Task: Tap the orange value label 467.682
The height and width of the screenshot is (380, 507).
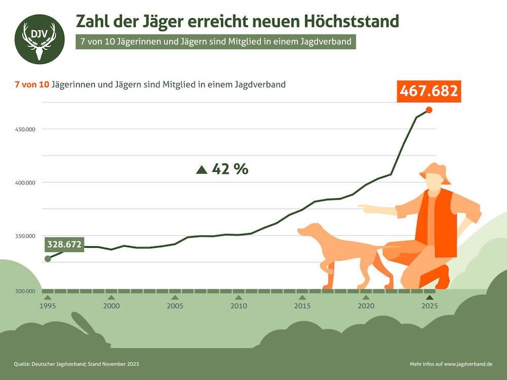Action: point(428,91)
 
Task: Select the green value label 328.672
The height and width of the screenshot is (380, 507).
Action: point(64,244)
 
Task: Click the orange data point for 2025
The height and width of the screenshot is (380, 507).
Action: point(429,110)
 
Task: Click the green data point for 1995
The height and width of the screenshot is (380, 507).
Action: point(48,258)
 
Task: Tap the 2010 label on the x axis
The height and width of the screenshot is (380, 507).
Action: point(238,306)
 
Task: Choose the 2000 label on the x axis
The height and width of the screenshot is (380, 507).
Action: point(111,306)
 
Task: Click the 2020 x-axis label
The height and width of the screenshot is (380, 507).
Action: point(366,306)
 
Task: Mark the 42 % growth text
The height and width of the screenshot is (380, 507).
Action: point(230,169)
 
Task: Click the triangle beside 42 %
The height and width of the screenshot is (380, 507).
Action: point(202,170)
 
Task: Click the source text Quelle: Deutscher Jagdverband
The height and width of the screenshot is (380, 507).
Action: point(76,364)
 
